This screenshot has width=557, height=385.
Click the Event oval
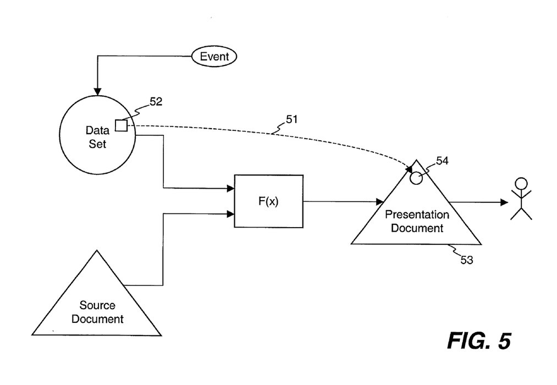214,56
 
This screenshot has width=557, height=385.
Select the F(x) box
268,201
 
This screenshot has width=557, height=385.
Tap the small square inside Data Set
121,126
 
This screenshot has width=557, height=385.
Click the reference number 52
156,102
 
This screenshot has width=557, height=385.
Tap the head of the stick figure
520,184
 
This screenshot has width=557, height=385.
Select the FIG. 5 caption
478,341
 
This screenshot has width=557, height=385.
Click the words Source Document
98,312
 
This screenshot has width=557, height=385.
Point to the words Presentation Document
417,221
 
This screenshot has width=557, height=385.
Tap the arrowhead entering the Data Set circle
97,91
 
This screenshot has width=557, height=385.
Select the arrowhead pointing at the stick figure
504,202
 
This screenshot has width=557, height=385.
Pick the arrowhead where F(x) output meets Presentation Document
379,202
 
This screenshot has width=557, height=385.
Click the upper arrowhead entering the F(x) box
231,189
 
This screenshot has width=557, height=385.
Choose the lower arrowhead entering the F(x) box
231,213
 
